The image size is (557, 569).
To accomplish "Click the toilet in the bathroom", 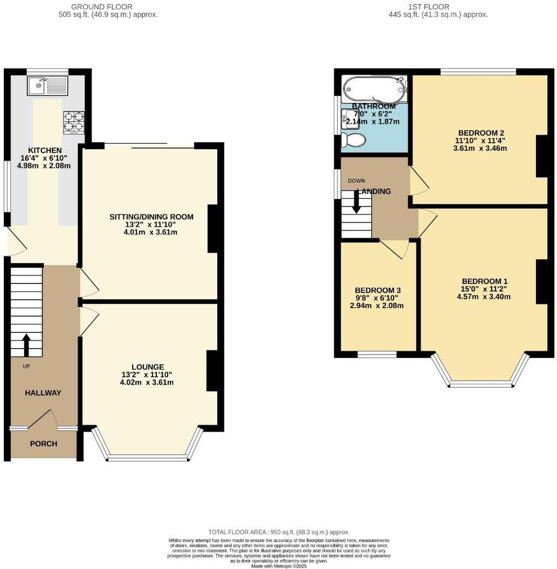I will (354, 140).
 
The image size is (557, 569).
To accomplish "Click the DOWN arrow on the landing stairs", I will (356, 203).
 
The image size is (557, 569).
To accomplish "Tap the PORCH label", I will (44, 444).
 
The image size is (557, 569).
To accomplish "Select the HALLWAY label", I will (43, 393).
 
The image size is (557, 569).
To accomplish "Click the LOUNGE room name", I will (147, 367).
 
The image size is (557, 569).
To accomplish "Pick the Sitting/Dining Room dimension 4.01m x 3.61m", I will (151, 233).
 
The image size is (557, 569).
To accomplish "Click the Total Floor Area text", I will (279, 532).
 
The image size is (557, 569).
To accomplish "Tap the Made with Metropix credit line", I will (279, 565).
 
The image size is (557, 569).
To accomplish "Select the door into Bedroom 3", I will (396, 249).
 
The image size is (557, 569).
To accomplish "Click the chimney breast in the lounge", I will (212, 370).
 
